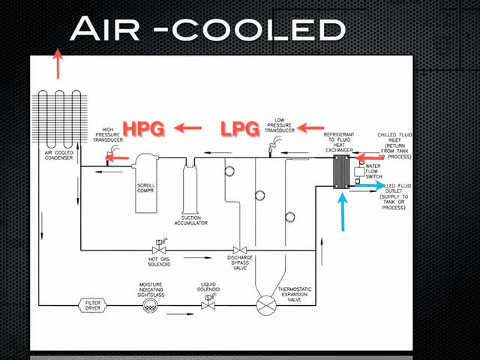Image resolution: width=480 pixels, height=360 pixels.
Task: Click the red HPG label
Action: click(x=142, y=128)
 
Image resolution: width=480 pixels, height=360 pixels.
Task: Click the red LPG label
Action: click(x=239, y=128)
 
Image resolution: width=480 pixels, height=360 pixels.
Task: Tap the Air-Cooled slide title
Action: click(x=207, y=30)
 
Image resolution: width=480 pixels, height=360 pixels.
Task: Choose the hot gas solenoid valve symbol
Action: click(x=159, y=250)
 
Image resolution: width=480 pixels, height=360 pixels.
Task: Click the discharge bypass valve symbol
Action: click(x=241, y=250)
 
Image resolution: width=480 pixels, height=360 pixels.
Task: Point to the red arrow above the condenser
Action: click(x=57, y=64)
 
